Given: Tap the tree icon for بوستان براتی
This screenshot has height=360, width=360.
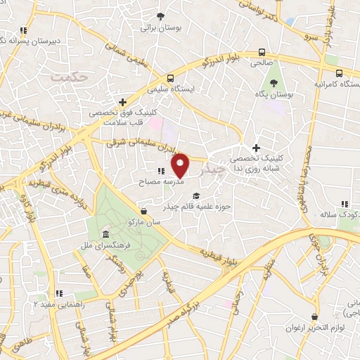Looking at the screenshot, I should [x=160, y=15].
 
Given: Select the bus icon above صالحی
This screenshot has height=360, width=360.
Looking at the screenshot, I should [x=262, y=51].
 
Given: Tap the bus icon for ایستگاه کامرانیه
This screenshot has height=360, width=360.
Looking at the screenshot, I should [x=340, y=73].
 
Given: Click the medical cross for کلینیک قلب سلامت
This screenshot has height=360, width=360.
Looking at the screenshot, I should [x=122, y=101].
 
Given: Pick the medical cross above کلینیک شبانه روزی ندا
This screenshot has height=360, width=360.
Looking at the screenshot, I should [x=256, y=148].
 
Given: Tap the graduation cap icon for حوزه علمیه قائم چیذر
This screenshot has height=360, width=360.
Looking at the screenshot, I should [x=196, y=196].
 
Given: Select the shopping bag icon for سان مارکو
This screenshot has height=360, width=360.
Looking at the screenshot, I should [x=143, y=210].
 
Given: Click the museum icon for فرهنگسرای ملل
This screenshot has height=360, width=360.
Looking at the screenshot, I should [x=105, y=234].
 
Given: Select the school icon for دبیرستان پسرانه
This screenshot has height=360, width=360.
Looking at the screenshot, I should [x=23, y=30].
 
